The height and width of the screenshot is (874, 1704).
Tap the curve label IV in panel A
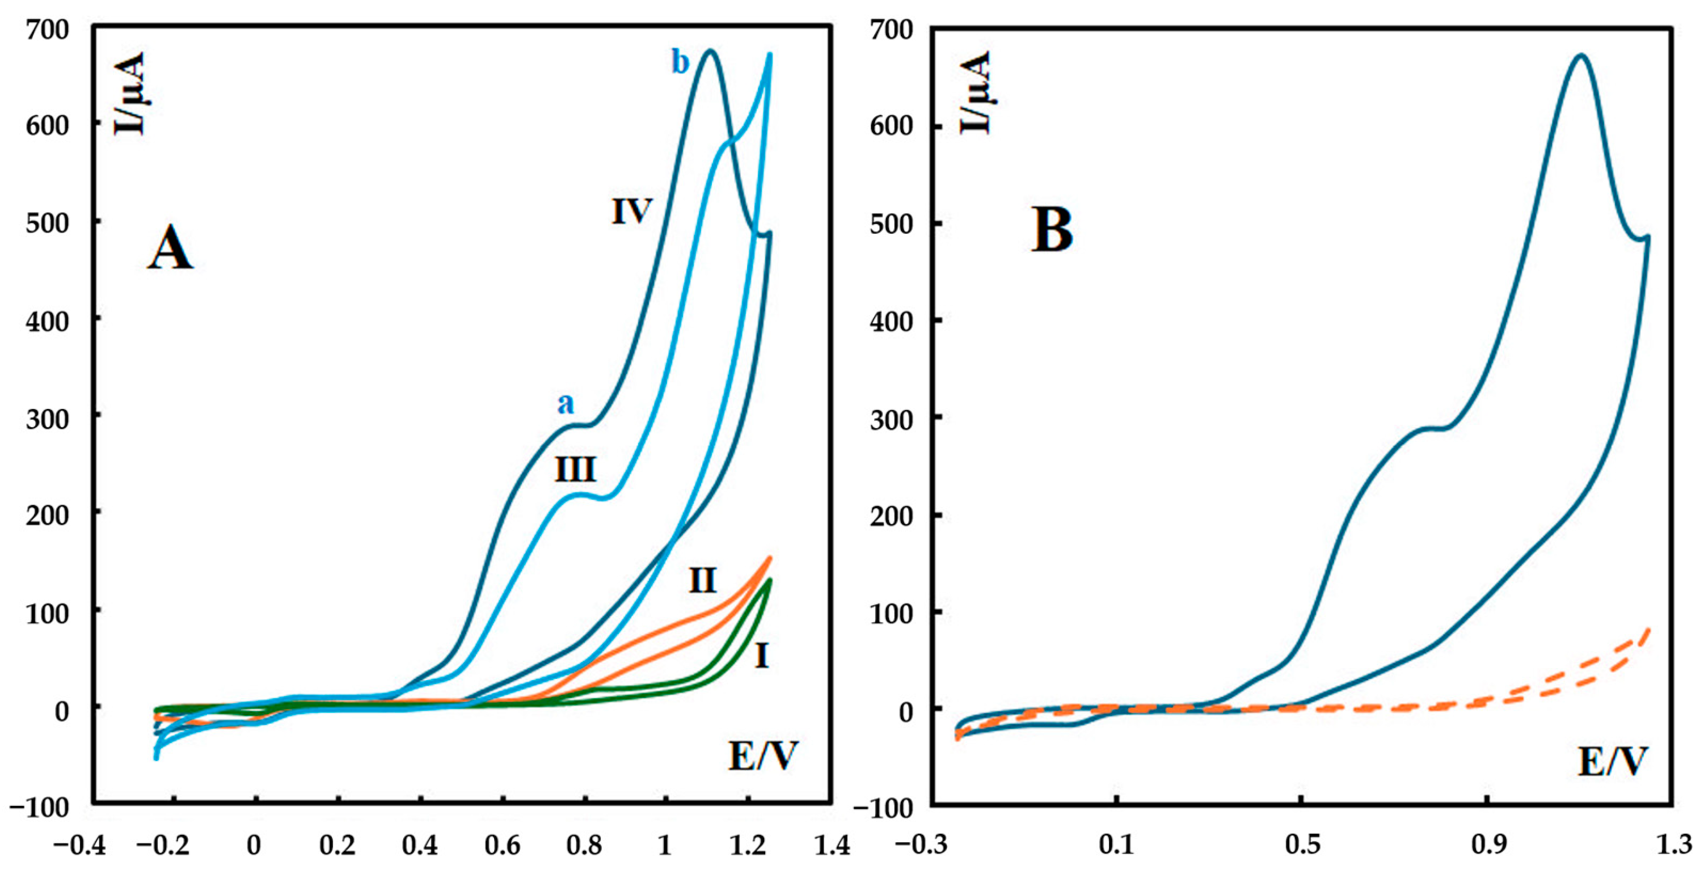pos(632,212)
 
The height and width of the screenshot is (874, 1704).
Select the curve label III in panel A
pos(575,469)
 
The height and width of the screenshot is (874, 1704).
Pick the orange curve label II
pos(702,581)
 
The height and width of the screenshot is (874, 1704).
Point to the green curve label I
pos(761,656)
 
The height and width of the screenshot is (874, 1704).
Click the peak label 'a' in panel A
pos(566,403)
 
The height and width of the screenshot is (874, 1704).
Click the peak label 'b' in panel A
pos(680,63)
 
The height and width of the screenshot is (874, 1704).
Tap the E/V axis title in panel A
pos(763,755)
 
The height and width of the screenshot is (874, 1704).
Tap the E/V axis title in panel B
pos(1612,762)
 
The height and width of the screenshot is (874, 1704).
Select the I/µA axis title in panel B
pos(975,92)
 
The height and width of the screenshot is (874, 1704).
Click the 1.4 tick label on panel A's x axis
pos(832,846)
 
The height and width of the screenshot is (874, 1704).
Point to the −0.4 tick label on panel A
pos(80,846)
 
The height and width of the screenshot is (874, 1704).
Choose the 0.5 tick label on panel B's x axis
pos(1302,846)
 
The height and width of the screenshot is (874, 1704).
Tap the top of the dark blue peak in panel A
pos(710,50)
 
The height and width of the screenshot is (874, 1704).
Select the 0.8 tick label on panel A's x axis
pos(584,846)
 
